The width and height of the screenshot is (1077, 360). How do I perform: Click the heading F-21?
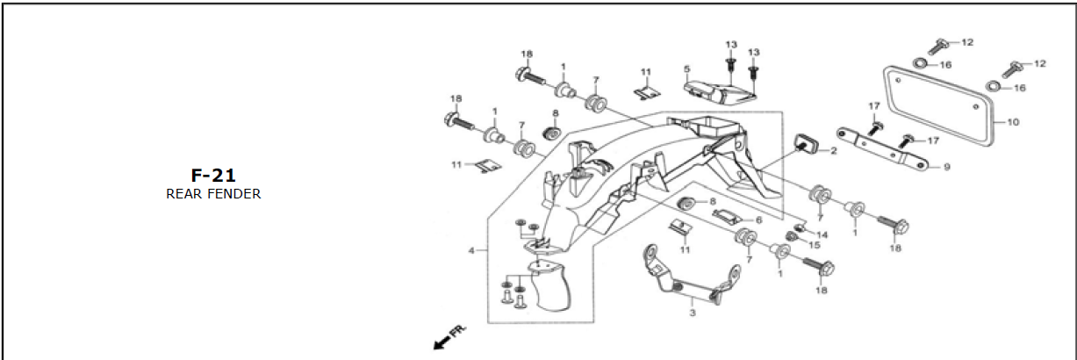click(x=213, y=176)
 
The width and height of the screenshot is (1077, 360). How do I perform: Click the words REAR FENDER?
click(x=213, y=194)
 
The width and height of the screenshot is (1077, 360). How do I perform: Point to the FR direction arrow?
click(x=448, y=336)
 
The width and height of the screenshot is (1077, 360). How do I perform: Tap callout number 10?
click(x=1012, y=122)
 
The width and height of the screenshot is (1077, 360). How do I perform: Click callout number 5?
click(x=686, y=68)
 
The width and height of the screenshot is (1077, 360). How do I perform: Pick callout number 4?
click(x=472, y=251)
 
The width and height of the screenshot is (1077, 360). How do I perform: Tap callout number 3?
click(x=692, y=313)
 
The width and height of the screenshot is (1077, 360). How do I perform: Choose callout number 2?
click(x=833, y=151)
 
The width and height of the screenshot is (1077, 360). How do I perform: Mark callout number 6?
click(x=759, y=220)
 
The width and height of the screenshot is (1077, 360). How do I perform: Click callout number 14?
click(x=822, y=234)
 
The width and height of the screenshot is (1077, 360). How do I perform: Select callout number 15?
click(x=814, y=245)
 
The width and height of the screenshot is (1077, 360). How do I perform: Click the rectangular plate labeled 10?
click(x=937, y=104)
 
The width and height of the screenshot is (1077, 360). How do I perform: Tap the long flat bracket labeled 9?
click(x=882, y=148)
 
